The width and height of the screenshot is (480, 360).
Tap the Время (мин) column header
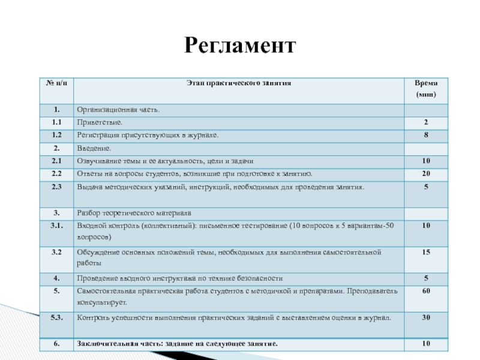tap(426, 89)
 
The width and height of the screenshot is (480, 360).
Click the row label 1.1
tap(56, 122)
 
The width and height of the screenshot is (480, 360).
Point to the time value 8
tap(426, 135)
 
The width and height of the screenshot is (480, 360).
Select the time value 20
tap(426, 174)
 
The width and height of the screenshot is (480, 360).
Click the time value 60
tap(426, 291)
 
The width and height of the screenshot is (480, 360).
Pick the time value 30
tap(426, 317)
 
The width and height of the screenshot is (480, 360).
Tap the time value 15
tap(426, 252)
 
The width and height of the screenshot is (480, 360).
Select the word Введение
tap(94, 148)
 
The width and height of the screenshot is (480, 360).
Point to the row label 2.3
tap(56, 187)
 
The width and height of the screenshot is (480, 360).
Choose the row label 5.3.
tap(56, 317)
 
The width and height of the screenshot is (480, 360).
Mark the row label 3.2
tap(56, 252)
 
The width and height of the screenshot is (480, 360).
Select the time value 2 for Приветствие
tap(426, 122)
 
